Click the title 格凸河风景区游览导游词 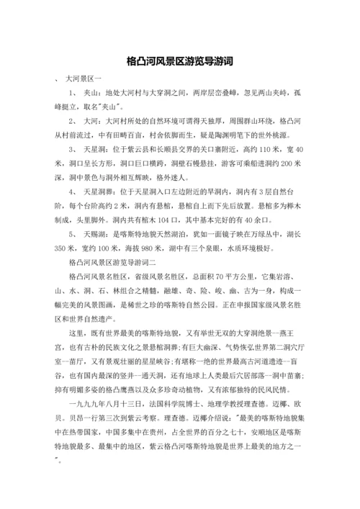(x=179, y=61)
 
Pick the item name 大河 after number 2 (x=91, y=121)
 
